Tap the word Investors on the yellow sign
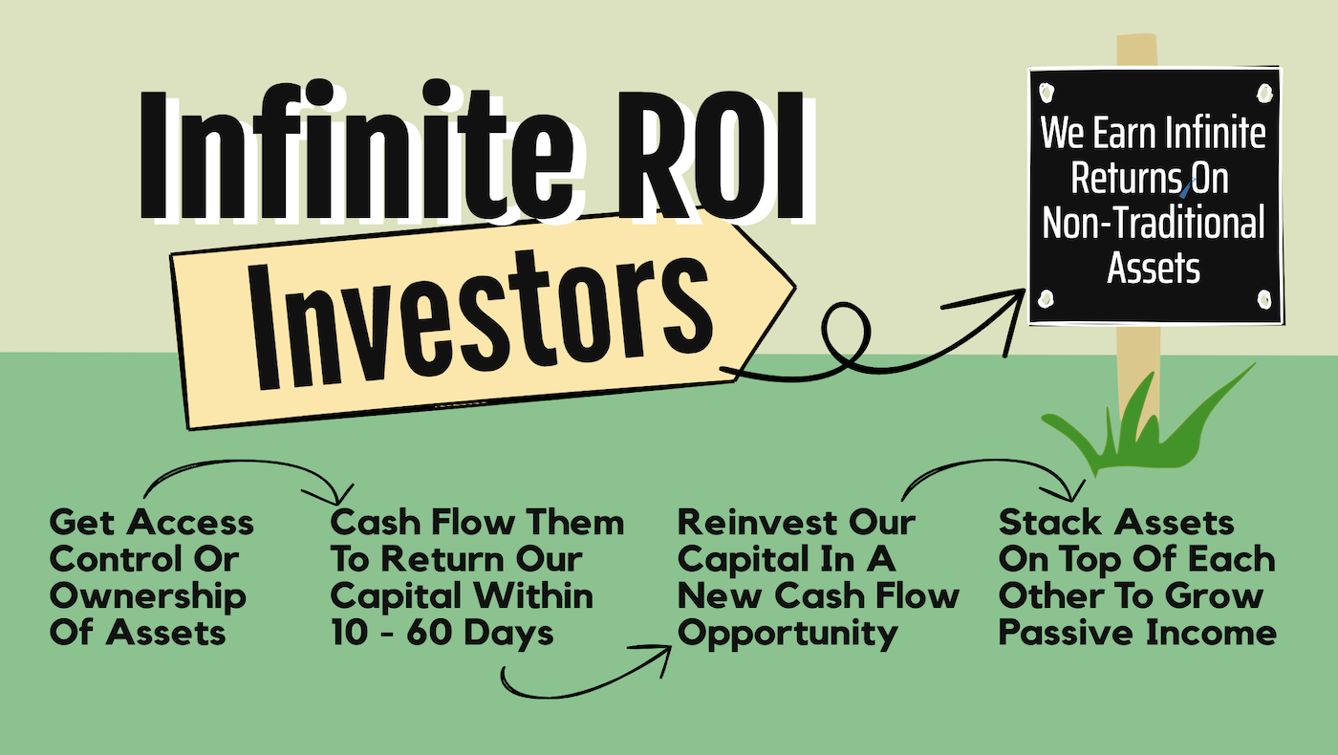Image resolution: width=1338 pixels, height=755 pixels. (x=482, y=321)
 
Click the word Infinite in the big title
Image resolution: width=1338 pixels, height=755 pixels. (x=357, y=149)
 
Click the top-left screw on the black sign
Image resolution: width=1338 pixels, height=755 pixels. (x=1047, y=93)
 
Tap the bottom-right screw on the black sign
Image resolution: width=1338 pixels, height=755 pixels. (x=1263, y=298)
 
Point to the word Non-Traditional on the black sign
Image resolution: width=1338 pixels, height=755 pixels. (x=1154, y=223)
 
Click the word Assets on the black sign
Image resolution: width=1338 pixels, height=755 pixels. (x=1154, y=269)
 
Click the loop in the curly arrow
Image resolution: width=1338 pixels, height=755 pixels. (x=845, y=334)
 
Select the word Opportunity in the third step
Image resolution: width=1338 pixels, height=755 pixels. (x=788, y=635)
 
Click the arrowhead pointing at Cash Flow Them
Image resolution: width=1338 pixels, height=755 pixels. (x=334, y=495)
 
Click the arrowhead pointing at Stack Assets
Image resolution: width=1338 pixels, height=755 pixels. (x=1067, y=491)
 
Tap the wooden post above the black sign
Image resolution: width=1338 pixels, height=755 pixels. (x=1136, y=51)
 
